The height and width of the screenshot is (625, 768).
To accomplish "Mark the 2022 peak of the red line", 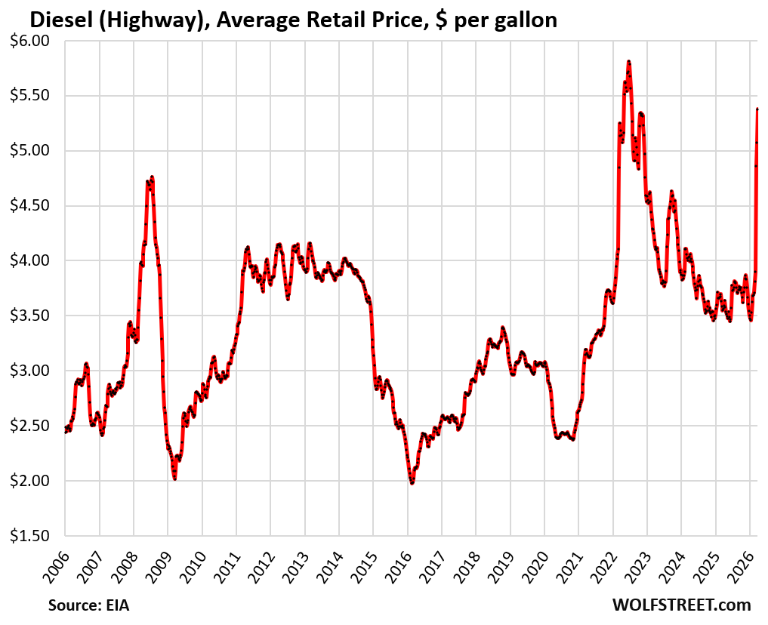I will [628, 62].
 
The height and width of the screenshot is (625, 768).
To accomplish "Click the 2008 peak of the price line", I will [152, 177].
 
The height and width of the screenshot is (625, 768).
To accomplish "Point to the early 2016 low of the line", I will [412, 482].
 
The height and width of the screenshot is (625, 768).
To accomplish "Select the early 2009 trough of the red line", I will [174, 478].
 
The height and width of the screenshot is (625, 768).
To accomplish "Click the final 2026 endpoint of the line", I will [757, 109].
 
